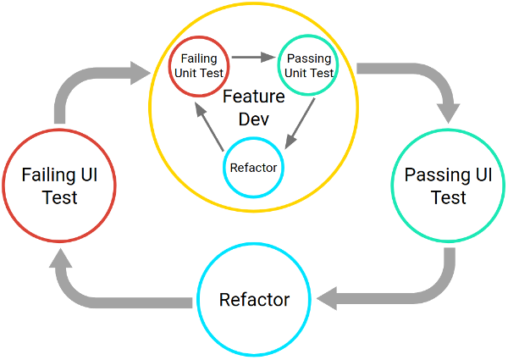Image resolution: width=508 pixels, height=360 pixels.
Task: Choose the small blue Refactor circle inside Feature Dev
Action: (254, 166)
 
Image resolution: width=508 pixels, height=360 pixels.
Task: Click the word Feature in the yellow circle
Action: (254, 99)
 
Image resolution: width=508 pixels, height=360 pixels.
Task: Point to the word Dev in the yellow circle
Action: (254, 119)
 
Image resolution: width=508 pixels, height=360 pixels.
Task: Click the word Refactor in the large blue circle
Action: (253, 300)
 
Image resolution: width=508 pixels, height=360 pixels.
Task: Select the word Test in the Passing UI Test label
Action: (448, 197)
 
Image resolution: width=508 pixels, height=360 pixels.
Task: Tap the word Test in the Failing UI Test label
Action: (60, 197)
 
